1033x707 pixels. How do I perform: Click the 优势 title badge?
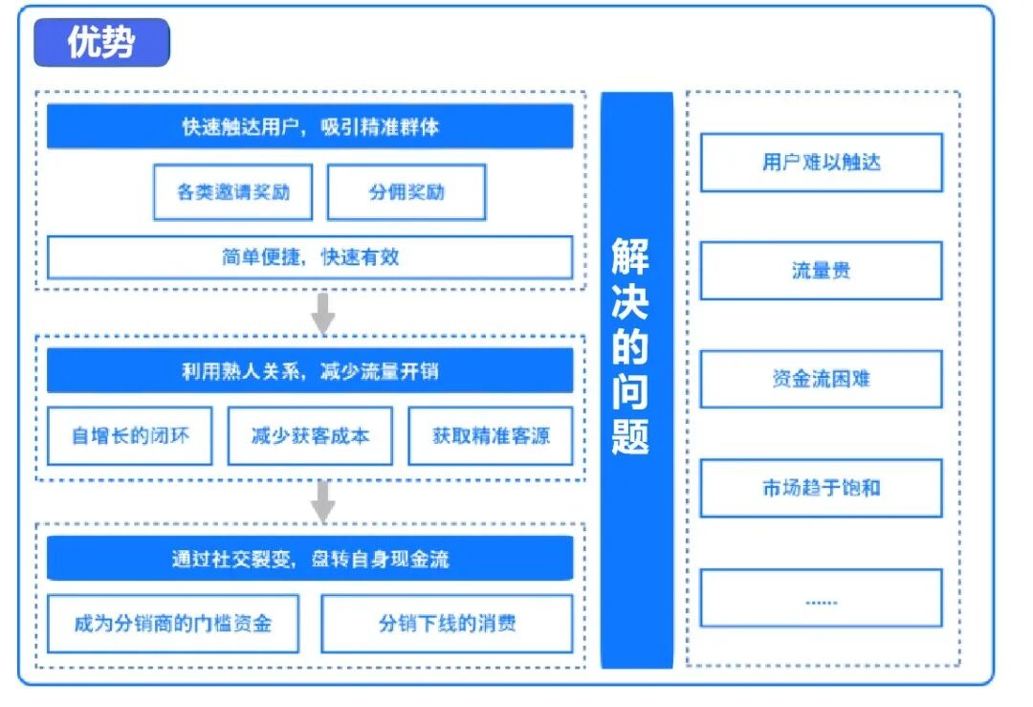[101, 43]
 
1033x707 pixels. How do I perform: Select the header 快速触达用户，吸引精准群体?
[310, 126]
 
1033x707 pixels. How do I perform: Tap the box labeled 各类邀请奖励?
[232, 191]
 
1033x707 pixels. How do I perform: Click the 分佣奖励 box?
[407, 191]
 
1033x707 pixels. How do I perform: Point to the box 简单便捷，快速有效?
[310, 256]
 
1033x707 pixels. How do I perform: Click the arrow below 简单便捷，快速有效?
[323, 313]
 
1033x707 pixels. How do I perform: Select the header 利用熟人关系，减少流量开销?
[310, 370]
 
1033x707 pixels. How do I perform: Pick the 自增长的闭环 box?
[130, 435]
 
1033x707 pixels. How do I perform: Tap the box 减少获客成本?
[310, 435]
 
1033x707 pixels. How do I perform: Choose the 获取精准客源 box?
[491, 435]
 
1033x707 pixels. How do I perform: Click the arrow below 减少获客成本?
[323, 500]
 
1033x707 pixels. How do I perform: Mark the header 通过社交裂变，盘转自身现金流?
[310, 559]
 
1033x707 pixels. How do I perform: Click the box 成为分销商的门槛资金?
[173, 624]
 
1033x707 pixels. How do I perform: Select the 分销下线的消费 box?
[447, 624]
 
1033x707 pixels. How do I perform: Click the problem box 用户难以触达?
[821, 163]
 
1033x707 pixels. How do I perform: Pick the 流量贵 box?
[821, 271]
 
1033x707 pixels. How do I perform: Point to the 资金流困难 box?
[821, 379]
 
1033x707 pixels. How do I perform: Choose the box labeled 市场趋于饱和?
[821, 488]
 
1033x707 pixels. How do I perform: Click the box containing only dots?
[821, 598]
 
